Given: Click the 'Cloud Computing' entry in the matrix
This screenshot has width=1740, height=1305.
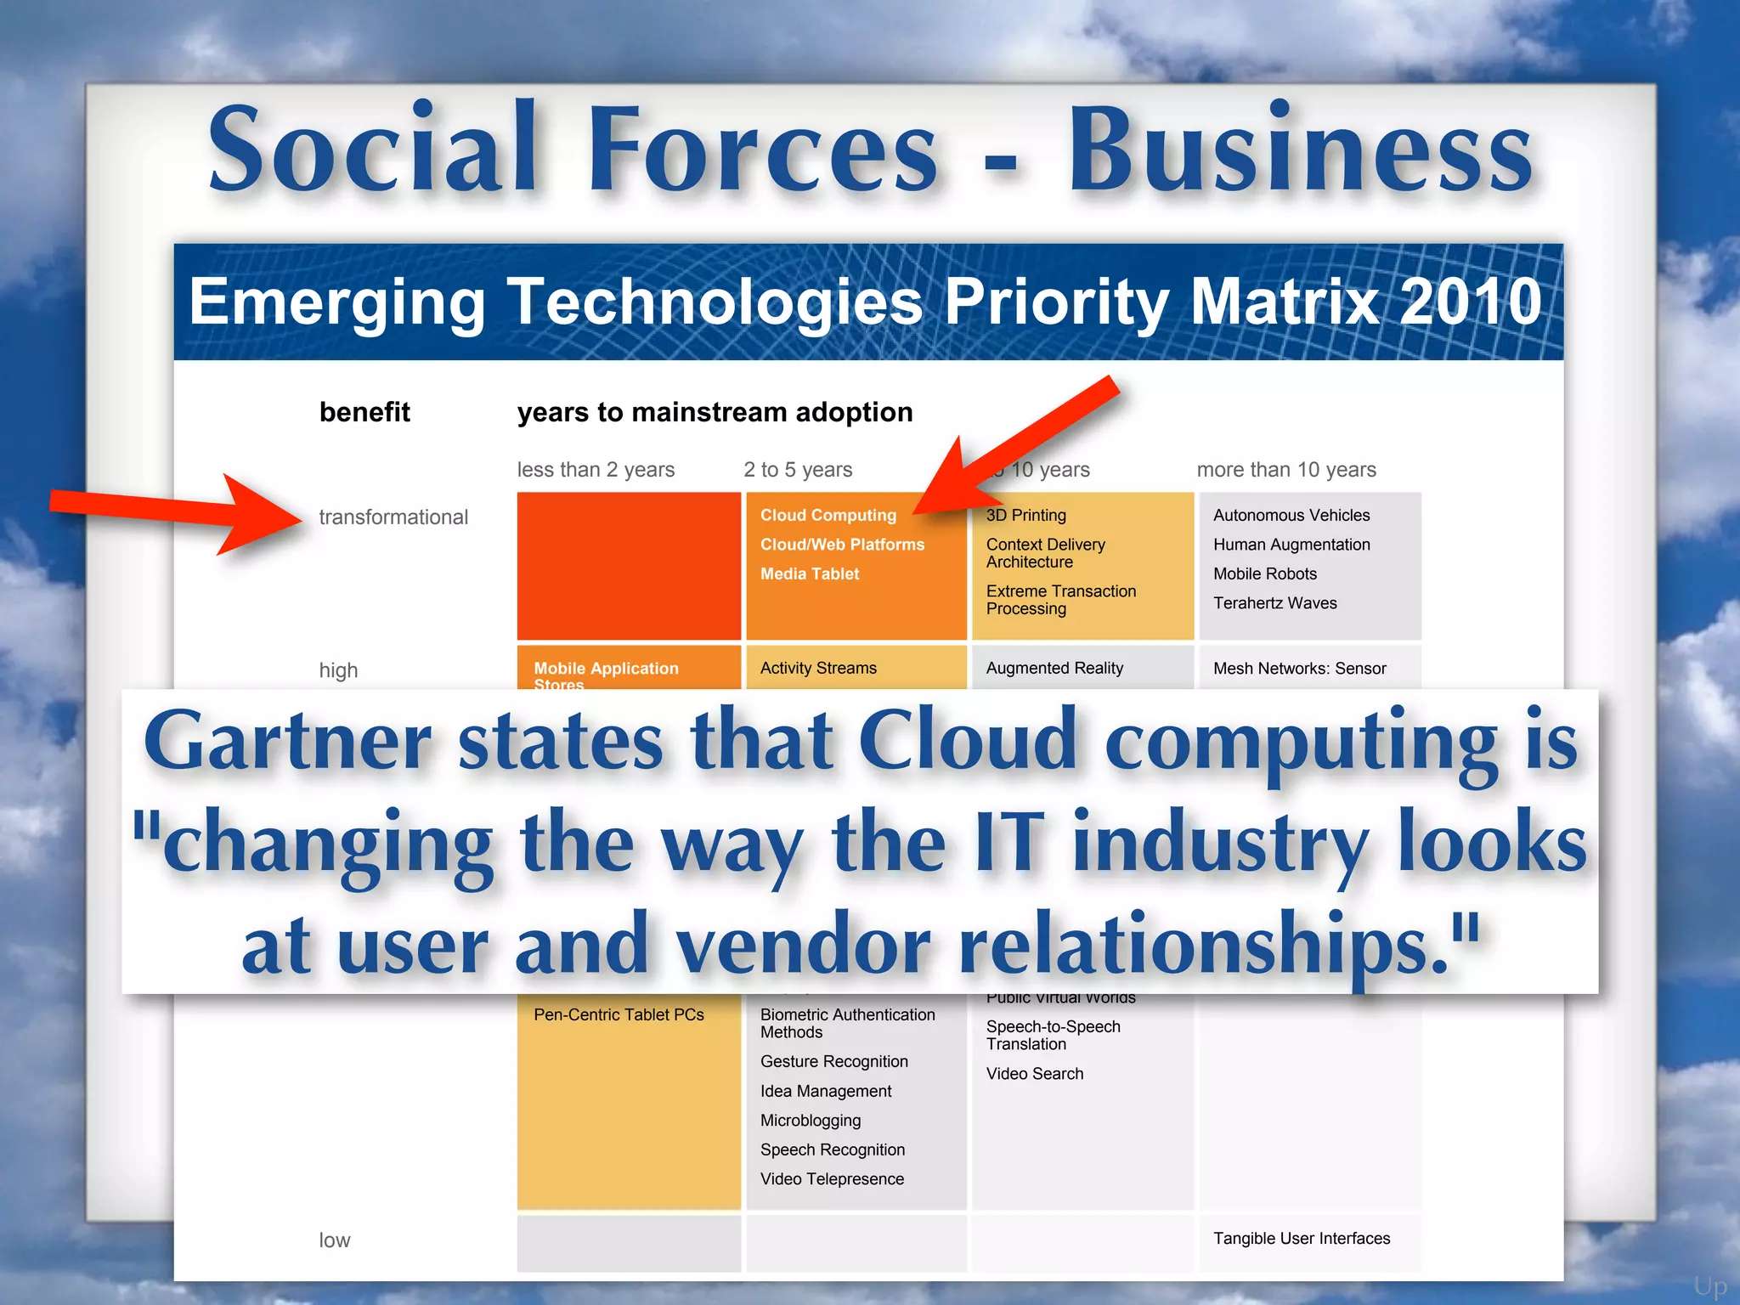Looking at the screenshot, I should pos(828,515).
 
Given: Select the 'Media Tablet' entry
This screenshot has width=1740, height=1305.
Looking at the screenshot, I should pos(809,573).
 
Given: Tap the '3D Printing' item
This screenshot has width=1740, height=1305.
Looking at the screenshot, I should pos(1025,515).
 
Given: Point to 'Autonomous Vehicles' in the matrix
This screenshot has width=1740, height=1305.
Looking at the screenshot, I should pos(1291,515).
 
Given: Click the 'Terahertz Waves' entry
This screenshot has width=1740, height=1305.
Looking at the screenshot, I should pos(1274,603).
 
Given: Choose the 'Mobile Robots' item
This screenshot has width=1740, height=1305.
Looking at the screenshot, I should pos(1264,573).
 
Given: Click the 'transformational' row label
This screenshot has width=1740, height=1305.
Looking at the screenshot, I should pos(393,517).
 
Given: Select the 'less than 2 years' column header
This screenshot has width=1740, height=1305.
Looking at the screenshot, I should pos(596,470).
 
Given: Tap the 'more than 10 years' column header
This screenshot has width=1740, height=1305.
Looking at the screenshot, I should pos(1285,470).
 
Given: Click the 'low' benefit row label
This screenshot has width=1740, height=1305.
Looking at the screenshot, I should pos(335,1240).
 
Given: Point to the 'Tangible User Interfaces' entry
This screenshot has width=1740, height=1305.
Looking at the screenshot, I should pos(1301,1239).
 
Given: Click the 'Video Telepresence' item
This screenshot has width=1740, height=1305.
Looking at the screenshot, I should pos(832,1179).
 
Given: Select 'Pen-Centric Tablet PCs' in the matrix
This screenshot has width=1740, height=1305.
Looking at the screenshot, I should pos(619,1014).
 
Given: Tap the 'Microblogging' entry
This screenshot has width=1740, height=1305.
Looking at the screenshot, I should pos(811,1121).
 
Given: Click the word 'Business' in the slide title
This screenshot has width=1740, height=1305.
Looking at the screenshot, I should pos(1299,150).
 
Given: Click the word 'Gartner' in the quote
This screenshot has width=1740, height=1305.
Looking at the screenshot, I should pos(287,741).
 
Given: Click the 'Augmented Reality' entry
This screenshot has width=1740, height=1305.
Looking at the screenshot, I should pos(1054,668).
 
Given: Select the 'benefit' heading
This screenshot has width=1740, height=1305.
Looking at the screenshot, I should pos(364,412).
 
